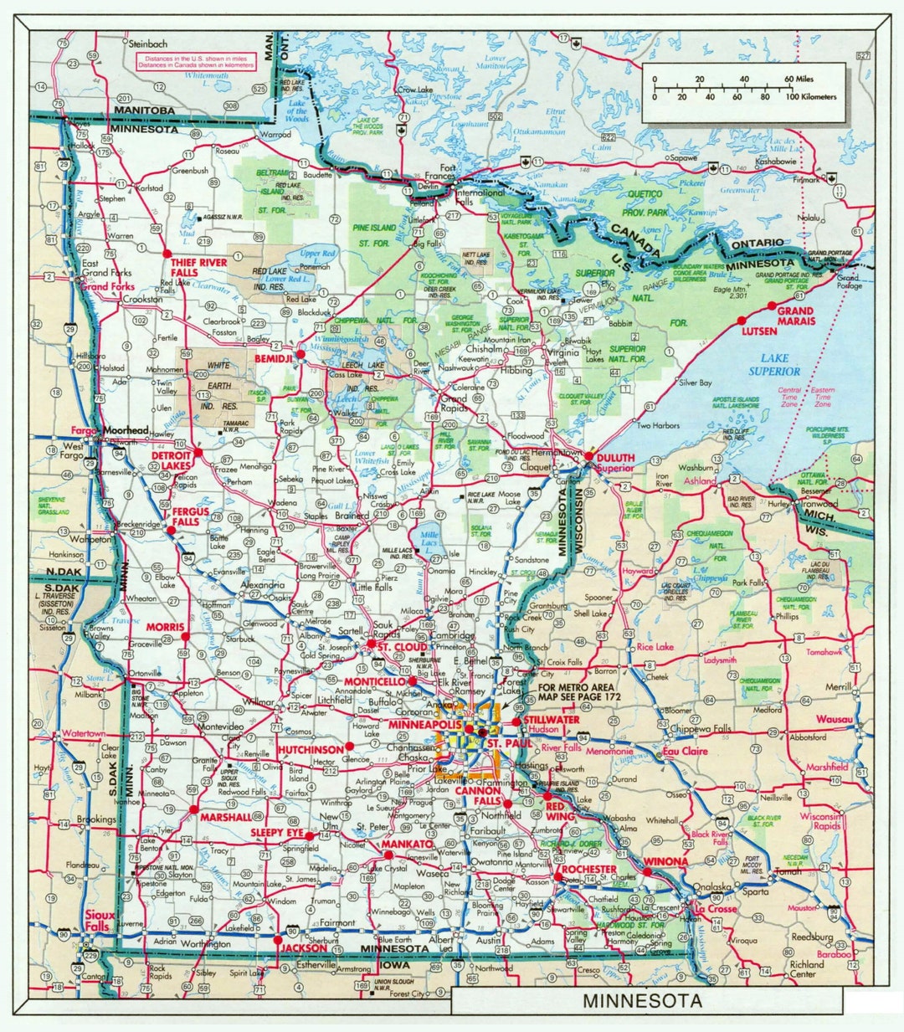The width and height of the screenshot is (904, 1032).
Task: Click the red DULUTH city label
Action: click(615, 458)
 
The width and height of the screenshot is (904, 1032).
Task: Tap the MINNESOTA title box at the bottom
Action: click(643, 1001)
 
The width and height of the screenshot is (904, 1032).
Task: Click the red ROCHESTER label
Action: click(589, 870)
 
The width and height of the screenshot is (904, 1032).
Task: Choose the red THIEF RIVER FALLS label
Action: click(198, 268)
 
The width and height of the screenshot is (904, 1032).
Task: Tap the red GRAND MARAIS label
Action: click(796, 316)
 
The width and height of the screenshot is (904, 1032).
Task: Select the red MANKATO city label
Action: click(407, 845)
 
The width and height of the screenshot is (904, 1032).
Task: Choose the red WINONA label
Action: click(666, 861)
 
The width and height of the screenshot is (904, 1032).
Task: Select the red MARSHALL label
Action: click(226, 816)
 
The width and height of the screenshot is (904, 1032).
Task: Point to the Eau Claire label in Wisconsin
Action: click(686, 752)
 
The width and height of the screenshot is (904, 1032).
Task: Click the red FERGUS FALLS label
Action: click(187, 516)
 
